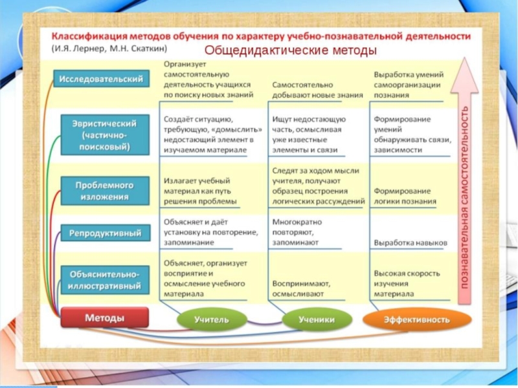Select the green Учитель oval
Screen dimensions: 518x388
[212, 319]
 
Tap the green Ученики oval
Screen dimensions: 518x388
[317, 319]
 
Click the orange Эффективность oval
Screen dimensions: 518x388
[416, 319]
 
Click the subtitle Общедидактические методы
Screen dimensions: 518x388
[291, 50]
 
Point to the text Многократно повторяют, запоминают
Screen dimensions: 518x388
[295, 231]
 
